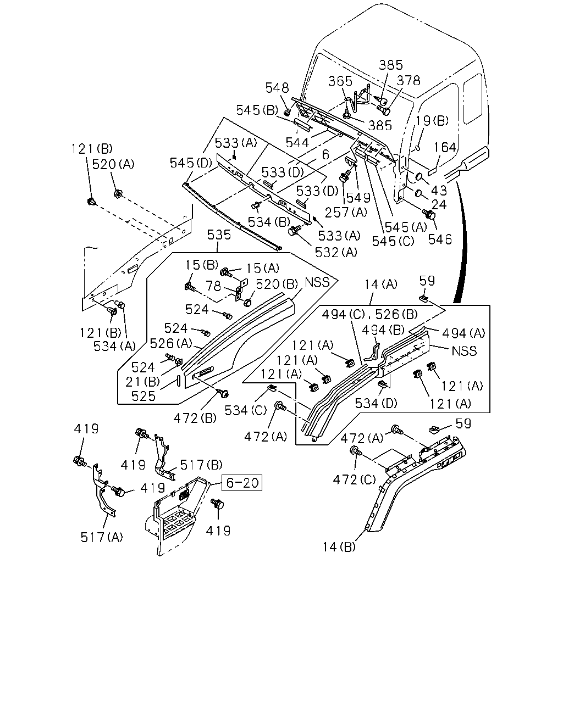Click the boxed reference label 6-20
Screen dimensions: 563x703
pyautogui.click(x=242, y=483)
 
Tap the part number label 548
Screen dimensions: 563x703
pyautogui.click(x=277, y=88)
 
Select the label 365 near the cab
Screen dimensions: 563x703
pyautogui.click(x=340, y=81)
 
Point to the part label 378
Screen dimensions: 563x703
pyautogui.click(x=409, y=80)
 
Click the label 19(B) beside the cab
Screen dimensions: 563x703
pyautogui.click(x=432, y=120)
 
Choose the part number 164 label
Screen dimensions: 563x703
pyautogui.click(x=445, y=147)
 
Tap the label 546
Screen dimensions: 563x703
pyautogui.click(x=440, y=239)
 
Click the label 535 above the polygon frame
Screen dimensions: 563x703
pyautogui.click(x=219, y=235)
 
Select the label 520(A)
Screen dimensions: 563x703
pyautogui.click(x=113, y=164)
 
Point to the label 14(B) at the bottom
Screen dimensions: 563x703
pyautogui.click(x=339, y=547)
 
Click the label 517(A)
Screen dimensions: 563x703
pyautogui.click(x=102, y=537)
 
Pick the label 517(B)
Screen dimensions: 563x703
pyautogui.click(x=201, y=465)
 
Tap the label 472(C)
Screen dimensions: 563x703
pyautogui.click(x=354, y=480)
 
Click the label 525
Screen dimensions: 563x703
pyautogui.click(x=143, y=396)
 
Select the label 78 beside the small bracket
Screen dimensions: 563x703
pyautogui.click(x=213, y=286)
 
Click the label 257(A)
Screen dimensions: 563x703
pyautogui.click(x=346, y=213)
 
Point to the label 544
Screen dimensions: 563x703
pyautogui.click(x=297, y=142)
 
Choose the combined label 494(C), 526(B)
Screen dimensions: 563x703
pyautogui.click(x=369, y=314)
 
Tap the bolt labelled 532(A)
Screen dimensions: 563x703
pyautogui.click(x=293, y=231)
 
